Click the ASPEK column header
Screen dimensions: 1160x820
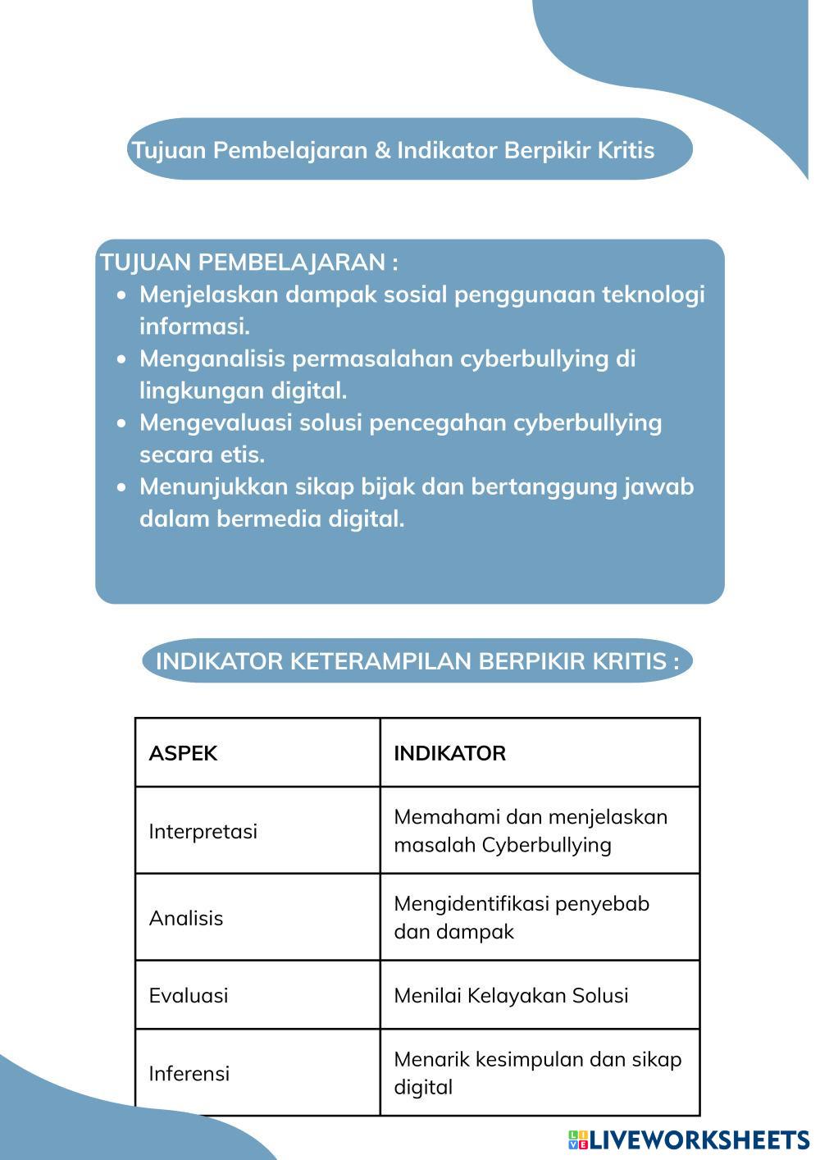click(183, 753)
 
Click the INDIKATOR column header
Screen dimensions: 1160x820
click(449, 753)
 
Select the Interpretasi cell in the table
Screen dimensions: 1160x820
click(203, 831)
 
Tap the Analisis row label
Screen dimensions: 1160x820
click(186, 918)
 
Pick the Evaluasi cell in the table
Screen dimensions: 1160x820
click(189, 995)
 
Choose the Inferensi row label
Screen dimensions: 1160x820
click(189, 1073)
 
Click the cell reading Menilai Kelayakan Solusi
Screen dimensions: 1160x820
click(511, 995)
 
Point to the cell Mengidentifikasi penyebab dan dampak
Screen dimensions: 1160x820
click(521, 917)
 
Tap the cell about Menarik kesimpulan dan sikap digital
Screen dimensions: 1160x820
click(537, 1072)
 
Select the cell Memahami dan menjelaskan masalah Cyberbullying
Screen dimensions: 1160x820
click(531, 830)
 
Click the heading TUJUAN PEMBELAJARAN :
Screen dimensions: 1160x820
click(248, 263)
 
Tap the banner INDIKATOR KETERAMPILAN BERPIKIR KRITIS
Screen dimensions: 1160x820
click(417, 661)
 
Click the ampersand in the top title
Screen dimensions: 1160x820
click(382, 150)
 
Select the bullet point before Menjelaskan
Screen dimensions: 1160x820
click(122, 295)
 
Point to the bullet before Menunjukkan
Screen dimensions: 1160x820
click(122, 487)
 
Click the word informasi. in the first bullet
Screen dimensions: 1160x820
click(194, 327)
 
